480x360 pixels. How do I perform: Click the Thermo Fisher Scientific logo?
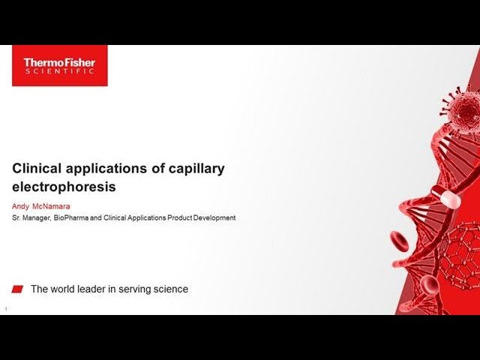tap(59, 66)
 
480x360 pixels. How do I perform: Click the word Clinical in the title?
tap(37, 169)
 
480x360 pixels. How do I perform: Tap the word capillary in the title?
tap(196, 169)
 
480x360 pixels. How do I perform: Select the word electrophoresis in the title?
tap(64, 187)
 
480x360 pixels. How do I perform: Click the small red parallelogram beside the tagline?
tap(18, 289)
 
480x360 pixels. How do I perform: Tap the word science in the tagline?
tap(170, 289)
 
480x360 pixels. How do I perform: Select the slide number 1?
tap(6, 308)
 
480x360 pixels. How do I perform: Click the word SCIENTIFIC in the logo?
tap(59, 72)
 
